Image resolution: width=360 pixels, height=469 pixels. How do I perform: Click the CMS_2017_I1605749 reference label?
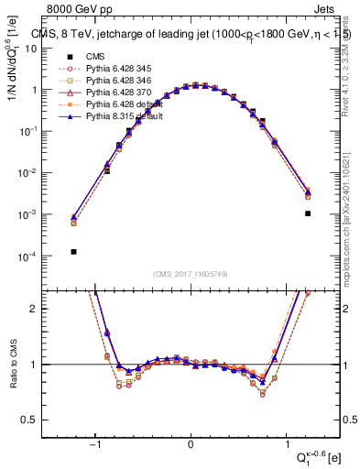pos(191,274)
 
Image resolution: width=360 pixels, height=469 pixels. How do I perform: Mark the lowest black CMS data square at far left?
pos(73,251)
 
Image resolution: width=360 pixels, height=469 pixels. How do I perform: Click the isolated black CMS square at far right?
pos(308,213)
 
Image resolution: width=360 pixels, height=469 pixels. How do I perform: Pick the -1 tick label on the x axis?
pos(94,445)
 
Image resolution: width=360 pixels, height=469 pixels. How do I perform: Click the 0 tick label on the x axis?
pos(191,445)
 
